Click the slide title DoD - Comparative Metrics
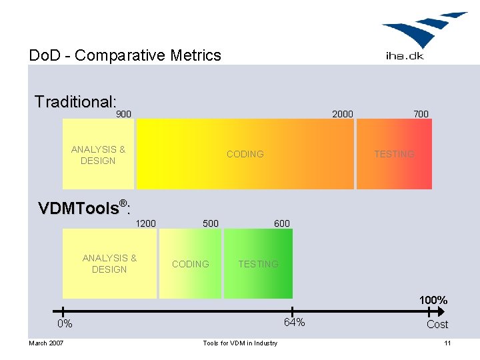click(125, 55)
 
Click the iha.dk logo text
click(404, 55)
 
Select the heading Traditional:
click(75, 102)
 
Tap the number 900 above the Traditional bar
click(124, 114)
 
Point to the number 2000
click(343, 114)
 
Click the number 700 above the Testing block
click(421, 114)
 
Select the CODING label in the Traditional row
click(245, 154)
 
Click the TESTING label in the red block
click(394, 154)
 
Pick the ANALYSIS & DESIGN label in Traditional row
click(98, 155)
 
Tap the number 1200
click(145, 223)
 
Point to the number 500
click(211, 223)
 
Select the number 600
click(282, 223)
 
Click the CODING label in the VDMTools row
click(190, 264)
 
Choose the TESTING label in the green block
click(258, 264)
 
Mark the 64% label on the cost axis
click(294, 323)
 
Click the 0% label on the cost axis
click(65, 324)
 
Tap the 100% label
click(433, 301)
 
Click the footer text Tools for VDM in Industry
click(240, 343)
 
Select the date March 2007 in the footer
click(46, 343)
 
